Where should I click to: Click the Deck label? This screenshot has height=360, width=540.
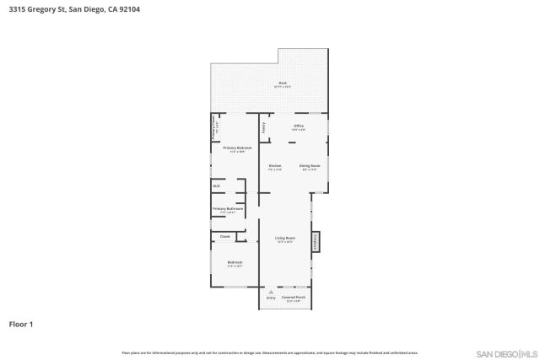(283, 83)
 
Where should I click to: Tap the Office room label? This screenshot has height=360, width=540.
(298, 127)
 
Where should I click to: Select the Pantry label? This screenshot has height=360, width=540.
(263, 127)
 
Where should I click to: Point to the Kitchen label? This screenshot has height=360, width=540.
(275, 166)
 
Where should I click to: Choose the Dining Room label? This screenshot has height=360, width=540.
(310, 166)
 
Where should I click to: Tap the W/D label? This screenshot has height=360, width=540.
(217, 186)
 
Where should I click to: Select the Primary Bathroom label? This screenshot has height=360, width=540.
(228, 209)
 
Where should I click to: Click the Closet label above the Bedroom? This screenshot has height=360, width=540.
(224, 237)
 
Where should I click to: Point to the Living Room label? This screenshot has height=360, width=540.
(285, 239)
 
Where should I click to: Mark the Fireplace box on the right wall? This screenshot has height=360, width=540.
(317, 242)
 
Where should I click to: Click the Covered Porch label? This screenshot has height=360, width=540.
(294, 298)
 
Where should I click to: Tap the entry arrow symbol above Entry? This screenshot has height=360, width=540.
(271, 292)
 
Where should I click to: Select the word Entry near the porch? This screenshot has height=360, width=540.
(271, 298)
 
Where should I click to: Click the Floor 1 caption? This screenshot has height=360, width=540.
(20, 324)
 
